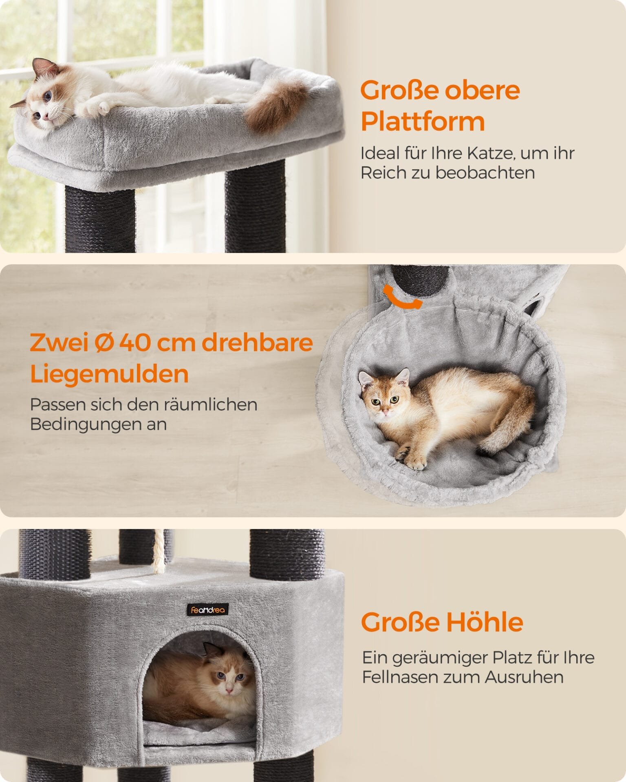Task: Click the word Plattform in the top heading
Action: click(423, 121)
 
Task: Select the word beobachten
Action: click(485, 173)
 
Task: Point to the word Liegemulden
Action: click(109, 374)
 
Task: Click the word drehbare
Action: click(257, 343)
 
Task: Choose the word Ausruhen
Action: click(525, 677)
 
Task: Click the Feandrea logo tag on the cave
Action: click(208, 610)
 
